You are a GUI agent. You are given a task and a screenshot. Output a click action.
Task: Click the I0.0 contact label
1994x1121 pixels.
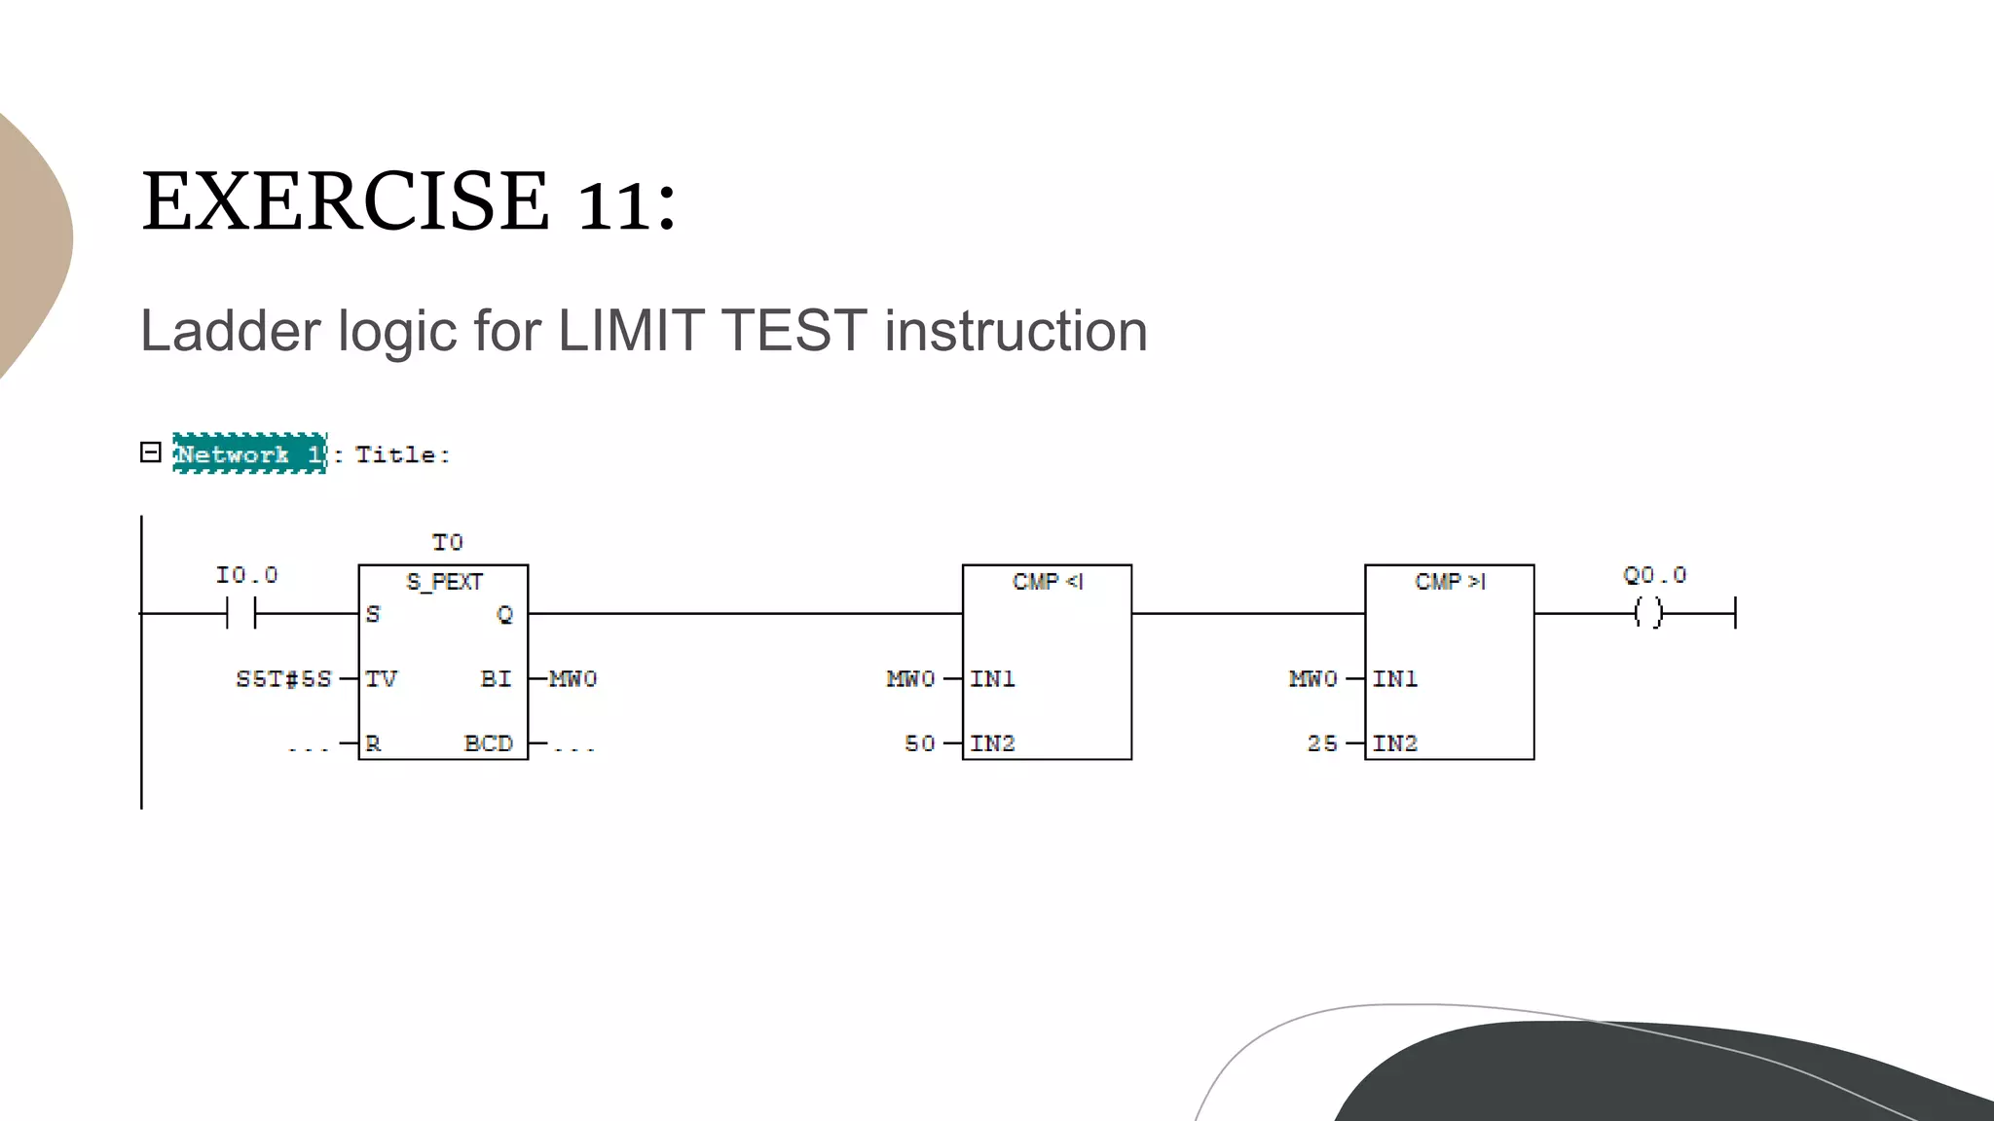tap(246, 575)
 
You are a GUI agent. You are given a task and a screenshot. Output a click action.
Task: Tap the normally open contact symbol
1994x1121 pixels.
tap(240, 613)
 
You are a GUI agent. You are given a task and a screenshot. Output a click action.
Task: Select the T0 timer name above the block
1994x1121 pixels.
tap(447, 542)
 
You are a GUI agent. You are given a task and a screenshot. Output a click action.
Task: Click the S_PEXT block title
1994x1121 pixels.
tap(444, 582)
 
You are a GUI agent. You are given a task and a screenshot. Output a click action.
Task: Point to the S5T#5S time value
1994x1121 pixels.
tap(283, 678)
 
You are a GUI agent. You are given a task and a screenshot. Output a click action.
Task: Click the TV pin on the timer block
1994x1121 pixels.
tap(382, 678)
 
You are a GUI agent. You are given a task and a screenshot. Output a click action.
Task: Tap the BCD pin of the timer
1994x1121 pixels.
tap(488, 743)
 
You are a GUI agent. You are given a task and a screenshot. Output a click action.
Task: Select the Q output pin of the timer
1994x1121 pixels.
tap(504, 614)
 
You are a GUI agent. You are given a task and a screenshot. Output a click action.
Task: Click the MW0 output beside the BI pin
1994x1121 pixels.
tap(572, 678)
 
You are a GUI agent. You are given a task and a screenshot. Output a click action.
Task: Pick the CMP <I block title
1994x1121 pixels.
tap(1047, 582)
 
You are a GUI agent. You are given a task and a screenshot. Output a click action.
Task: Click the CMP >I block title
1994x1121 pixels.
tap(1450, 582)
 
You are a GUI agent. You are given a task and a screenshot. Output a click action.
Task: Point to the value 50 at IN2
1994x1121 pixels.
tap(919, 743)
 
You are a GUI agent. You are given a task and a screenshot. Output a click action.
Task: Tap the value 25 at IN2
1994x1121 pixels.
tap(1321, 743)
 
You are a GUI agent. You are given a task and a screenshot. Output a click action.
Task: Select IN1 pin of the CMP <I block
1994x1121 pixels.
tap(992, 678)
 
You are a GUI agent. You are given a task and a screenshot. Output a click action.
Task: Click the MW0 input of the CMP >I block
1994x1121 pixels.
tap(1312, 678)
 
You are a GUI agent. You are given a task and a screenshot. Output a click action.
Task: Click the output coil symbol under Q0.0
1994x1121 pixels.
tap(1648, 613)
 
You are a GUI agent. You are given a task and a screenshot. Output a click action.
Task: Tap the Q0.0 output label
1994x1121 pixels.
tap(1654, 575)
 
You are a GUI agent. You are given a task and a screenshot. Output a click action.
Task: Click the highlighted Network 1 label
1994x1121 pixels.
tap(249, 453)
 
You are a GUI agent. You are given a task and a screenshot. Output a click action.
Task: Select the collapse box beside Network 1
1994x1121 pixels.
tap(150, 452)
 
